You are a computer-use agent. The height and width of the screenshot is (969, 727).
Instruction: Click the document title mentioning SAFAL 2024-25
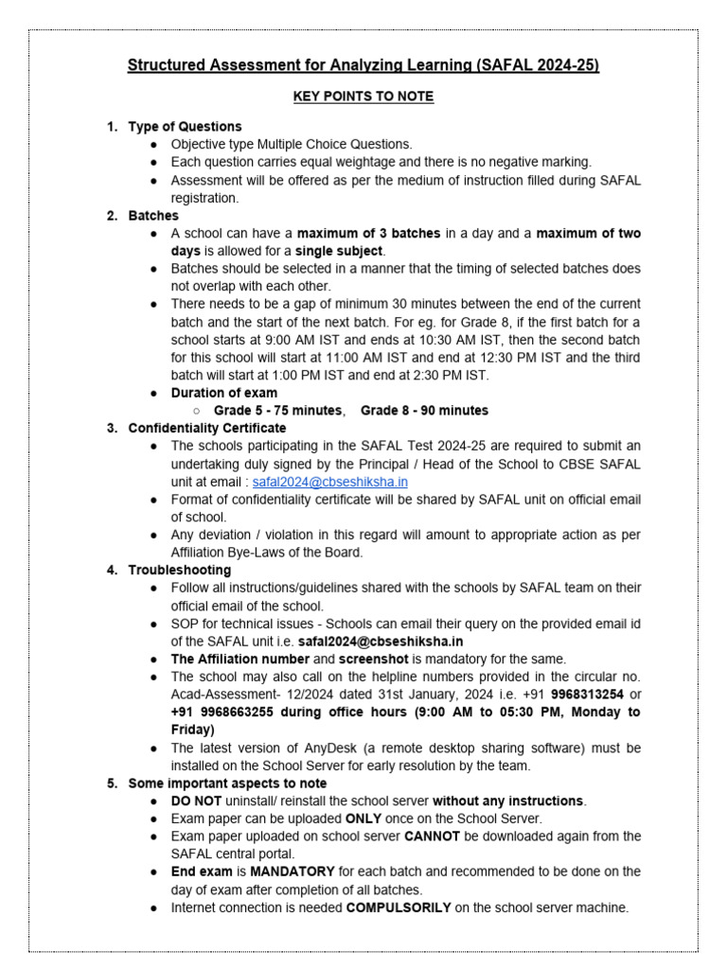coord(363,65)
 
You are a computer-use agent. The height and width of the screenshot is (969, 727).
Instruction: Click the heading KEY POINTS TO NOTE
coord(363,97)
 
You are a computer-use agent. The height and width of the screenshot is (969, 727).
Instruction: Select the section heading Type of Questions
coord(185,127)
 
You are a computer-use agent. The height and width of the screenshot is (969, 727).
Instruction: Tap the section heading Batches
coord(153,216)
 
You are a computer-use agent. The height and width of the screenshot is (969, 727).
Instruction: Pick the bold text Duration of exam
coord(224,393)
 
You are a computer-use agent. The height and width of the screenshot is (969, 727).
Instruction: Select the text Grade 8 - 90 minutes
coord(424,411)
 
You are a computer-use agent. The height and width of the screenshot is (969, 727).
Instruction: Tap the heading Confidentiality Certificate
coord(206,428)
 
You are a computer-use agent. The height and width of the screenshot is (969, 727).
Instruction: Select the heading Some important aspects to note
coord(227,784)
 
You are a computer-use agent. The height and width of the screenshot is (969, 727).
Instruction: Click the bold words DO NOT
coord(195,802)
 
